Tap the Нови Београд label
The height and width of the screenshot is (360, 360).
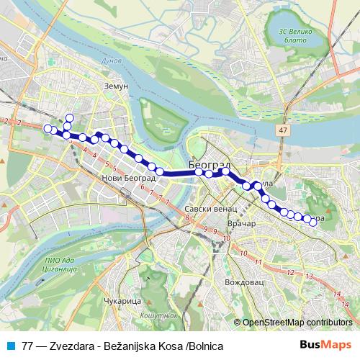[x=129, y=178]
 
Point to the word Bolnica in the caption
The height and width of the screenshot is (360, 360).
[x=204, y=346]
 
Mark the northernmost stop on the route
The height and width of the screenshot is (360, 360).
[x=70, y=118]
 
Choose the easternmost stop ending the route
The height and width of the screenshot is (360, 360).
[x=313, y=222]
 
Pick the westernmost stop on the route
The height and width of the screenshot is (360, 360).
[x=47, y=128]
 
